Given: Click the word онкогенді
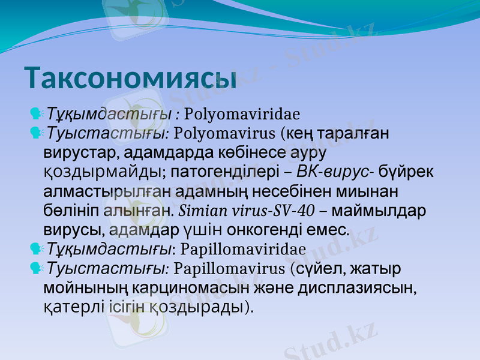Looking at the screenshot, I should click(265, 229).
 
